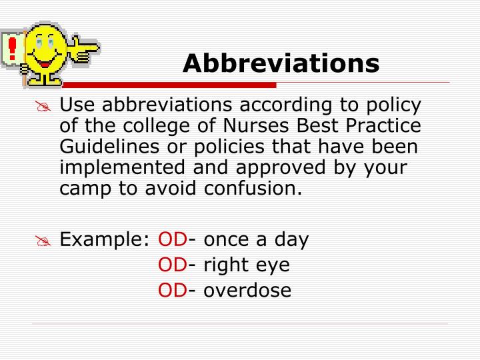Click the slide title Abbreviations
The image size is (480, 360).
coord(281,63)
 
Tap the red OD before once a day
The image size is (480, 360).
coord(173,240)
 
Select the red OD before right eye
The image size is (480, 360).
coord(173,265)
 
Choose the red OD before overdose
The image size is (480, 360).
coord(173,291)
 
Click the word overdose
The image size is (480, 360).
coord(247,291)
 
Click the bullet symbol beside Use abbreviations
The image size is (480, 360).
coord(44,107)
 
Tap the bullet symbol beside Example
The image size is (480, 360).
coord(44,242)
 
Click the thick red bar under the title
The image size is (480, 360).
coord(200,85)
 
